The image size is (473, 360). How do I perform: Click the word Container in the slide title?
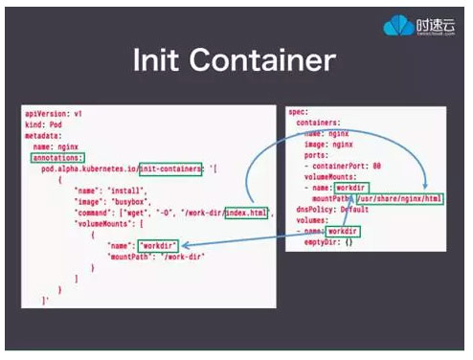tap(261, 62)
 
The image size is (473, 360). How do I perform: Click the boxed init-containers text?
tap(170, 169)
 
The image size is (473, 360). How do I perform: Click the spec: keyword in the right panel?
tap(298, 112)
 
